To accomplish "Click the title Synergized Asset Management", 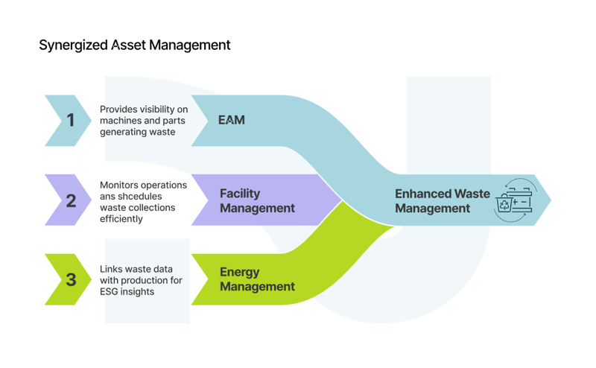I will [x=134, y=45].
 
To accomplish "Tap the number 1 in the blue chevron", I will [x=71, y=120].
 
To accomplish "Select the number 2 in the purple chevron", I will [x=71, y=200].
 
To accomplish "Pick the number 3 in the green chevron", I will [x=71, y=280].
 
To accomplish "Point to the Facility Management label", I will [x=257, y=200].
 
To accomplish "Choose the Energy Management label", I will [x=257, y=279].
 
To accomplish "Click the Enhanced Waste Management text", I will [x=442, y=201].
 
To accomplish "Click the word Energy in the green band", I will [x=239, y=272].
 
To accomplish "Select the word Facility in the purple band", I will [x=239, y=193].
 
